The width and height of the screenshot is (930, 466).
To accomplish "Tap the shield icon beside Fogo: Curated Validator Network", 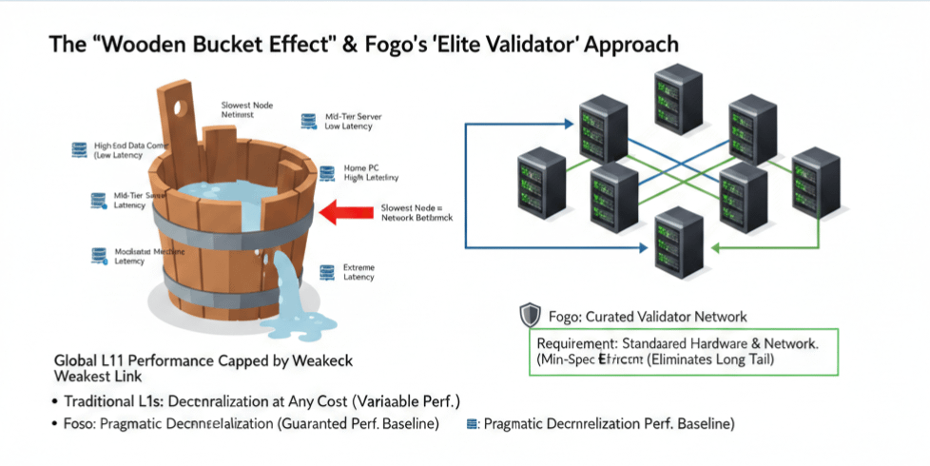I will click(x=531, y=316).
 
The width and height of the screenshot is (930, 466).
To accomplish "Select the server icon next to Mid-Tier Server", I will click(x=308, y=120).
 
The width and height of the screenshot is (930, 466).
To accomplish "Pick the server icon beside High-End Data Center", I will click(x=79, y=148).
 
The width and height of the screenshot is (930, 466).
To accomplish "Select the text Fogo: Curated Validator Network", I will click(x=648, y=317).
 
